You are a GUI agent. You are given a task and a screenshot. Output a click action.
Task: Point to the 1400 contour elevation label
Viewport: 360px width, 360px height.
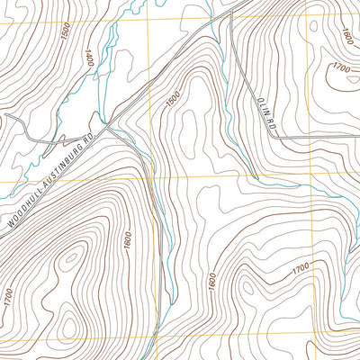pyautogui.click(x=87, y=60)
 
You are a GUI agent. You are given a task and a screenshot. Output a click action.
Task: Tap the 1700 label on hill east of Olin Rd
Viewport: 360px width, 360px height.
pyautogui.click(x=341, y=67)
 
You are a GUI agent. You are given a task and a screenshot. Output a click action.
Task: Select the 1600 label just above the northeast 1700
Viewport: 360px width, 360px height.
pyautogui.click(x=346, y=38)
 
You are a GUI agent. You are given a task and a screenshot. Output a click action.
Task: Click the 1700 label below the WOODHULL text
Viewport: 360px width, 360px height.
pyautogui.click(x=8, y=294)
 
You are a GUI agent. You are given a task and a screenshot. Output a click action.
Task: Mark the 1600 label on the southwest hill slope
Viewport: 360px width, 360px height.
pyautogui.click(x=128, y=240)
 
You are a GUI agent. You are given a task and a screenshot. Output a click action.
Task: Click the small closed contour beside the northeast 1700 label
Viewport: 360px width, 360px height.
pyautogui.click(x=315, y=27)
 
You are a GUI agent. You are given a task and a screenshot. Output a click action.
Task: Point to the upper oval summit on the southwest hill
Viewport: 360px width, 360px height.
pyautogui.click(x=69, y=262)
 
